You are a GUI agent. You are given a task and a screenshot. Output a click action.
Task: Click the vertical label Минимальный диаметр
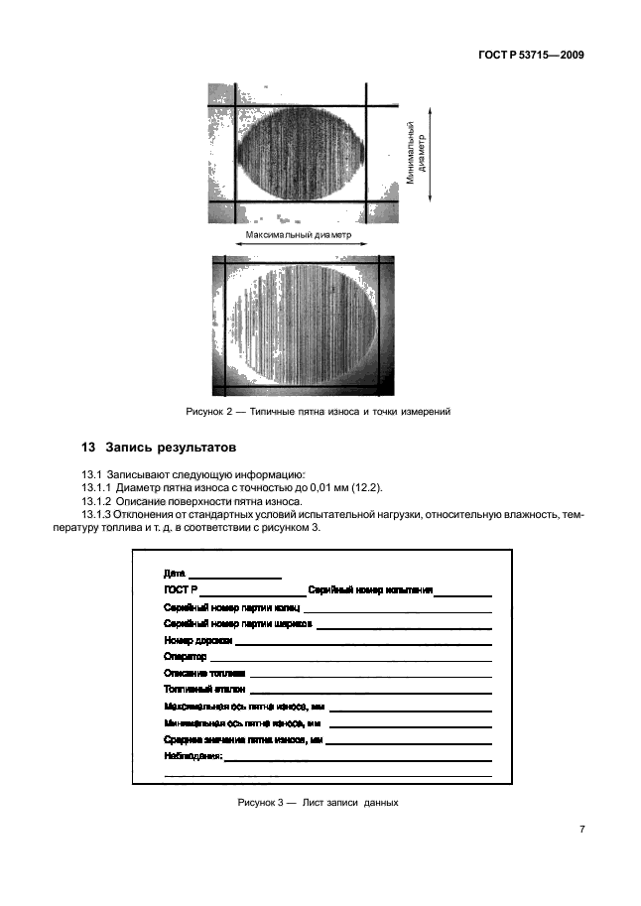click(x=415, y=154)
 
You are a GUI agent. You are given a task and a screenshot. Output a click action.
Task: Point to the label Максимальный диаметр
click(x=301, y=235)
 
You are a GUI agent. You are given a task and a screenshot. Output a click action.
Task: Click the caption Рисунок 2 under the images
click(x=319, y=412)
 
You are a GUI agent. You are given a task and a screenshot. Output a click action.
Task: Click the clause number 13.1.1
click(x=97, y=487)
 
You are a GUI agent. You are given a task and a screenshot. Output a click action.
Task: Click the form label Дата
click(x=174, y=574)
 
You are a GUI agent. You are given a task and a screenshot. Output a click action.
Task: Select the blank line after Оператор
click(x=350, y=657)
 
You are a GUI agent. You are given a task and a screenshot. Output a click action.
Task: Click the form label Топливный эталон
click(x=204, y=689)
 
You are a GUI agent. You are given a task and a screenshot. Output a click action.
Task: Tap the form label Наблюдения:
click(x=193, y=755)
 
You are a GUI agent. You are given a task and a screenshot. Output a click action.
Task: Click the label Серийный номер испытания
click(x=370, y=590)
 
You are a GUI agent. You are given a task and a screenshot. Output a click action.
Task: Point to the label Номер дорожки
click(x=197, y=640)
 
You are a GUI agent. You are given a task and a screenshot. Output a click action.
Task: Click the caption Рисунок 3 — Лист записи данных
click(x=319, y=802)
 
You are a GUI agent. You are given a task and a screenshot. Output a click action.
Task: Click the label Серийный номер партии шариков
click(x=238, y=624)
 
